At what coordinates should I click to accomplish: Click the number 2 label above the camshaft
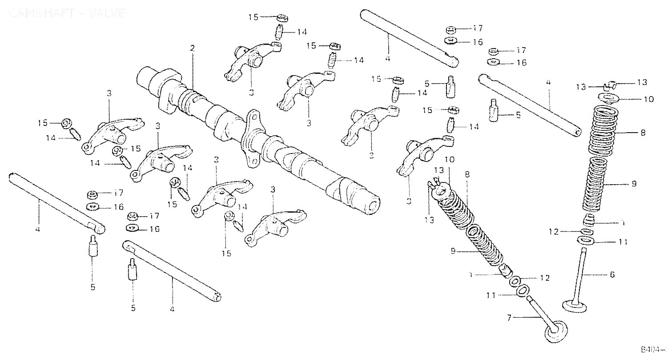pos(193,48)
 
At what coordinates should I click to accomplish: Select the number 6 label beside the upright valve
pos(612,275)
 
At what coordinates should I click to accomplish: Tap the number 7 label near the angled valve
pos(510,317)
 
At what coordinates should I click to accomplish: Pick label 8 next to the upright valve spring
pos(643,133)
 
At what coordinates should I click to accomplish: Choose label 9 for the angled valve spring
pos(453,251)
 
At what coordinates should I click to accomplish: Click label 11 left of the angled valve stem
pos(490,295)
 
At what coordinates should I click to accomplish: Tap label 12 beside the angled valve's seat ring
pos(545,278)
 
